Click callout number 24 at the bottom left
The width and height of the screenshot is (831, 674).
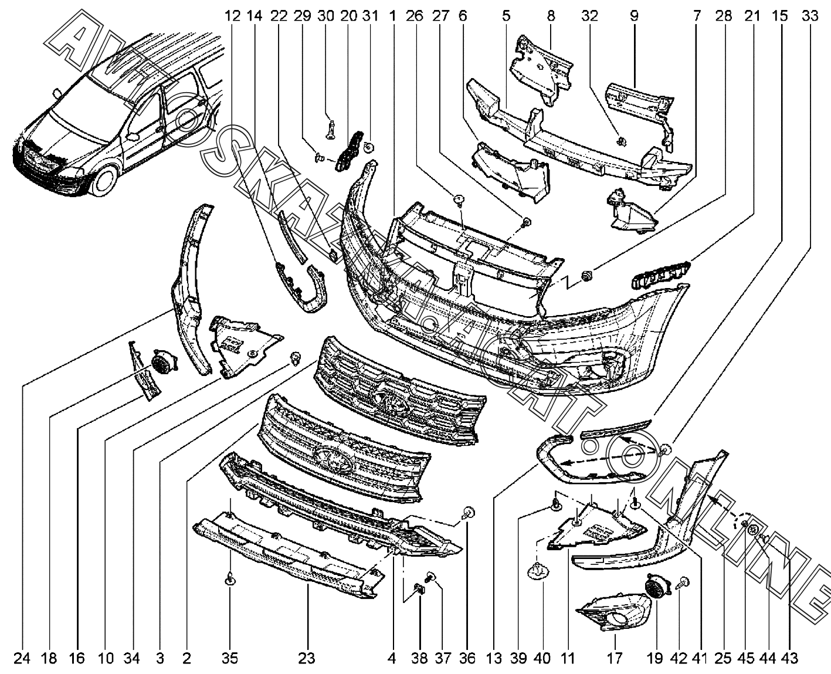click(x=22, y=659)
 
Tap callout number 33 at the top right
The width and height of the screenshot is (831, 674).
click(x=810, y=16)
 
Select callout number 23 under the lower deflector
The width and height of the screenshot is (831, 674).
click(x=307, y=659)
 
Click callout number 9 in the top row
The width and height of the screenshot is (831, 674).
click(x=634, y=16)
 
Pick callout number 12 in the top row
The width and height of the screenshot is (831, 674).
click(x=233, y=16)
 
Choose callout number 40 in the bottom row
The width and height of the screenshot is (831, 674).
click(x=542, y=659)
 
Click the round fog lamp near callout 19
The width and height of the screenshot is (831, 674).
click(x=653, y=585)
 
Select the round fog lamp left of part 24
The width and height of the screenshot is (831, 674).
click(x=160, y=363)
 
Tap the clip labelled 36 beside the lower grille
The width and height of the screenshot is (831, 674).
click(x=468, y=514)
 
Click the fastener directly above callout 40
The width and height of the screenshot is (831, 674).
click(x=538, y=570)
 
